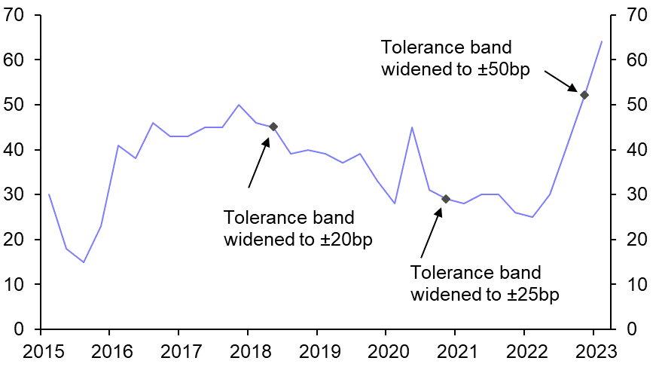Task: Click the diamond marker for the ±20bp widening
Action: click(x=273, y=127)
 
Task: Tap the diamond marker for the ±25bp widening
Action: click(x=446, y=199)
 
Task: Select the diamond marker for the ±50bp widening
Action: click(x=584, y=95)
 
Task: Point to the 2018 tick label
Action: click(x=247, y=351)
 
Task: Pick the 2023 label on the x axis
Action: click(x=593, y=351)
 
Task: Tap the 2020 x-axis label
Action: click(x=386, y=351)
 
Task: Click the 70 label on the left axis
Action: click(x=17, y=15)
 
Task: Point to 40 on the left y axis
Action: click(x=17, y=150)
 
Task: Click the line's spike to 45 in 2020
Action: click(x=412, y=127)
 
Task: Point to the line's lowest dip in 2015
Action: click(x=84, y=262)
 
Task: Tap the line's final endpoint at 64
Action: click(x=602, y=41)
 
